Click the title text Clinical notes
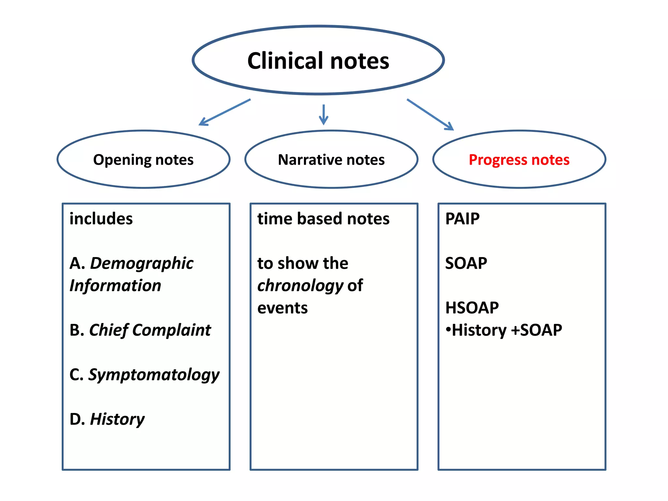(318, 61)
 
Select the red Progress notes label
(519, 160)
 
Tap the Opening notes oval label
(143, 160)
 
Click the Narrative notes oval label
(331, 160)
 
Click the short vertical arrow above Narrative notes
(323, 114)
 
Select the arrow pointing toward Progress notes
(430, 114)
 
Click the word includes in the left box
(101, 219)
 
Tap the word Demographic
(142, 264)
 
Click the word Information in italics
(115, 285)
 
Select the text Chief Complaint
(150, 330)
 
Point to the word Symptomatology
(154, 375)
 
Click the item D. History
(107, 419)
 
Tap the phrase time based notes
(323, 219)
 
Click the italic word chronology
(300, 286)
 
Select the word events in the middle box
(282, 308)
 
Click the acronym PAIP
(462, 219)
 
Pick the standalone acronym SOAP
(466, 263)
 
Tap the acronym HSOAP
(472, 308)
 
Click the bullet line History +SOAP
(504, 330)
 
